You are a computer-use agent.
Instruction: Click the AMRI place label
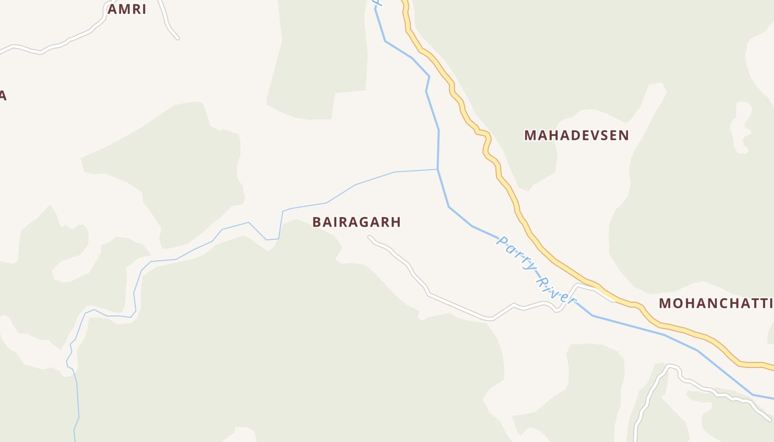[x=127, y=9]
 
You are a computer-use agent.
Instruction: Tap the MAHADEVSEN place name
[x=576, y=135]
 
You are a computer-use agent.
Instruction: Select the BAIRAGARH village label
[x=356, y=222]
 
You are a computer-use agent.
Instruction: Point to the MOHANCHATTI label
[x=716, y=303]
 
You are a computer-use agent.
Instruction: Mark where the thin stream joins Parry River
[x=438, y=169]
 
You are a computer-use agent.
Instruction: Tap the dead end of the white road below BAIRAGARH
[x=369, y=238]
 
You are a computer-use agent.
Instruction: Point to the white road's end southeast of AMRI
[x=177, y=38]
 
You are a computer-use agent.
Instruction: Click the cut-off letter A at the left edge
[x=2, y=96]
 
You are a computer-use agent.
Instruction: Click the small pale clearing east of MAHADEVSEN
[x=741, y=127]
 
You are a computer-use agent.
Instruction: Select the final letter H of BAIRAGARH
[x=396, y=222]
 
